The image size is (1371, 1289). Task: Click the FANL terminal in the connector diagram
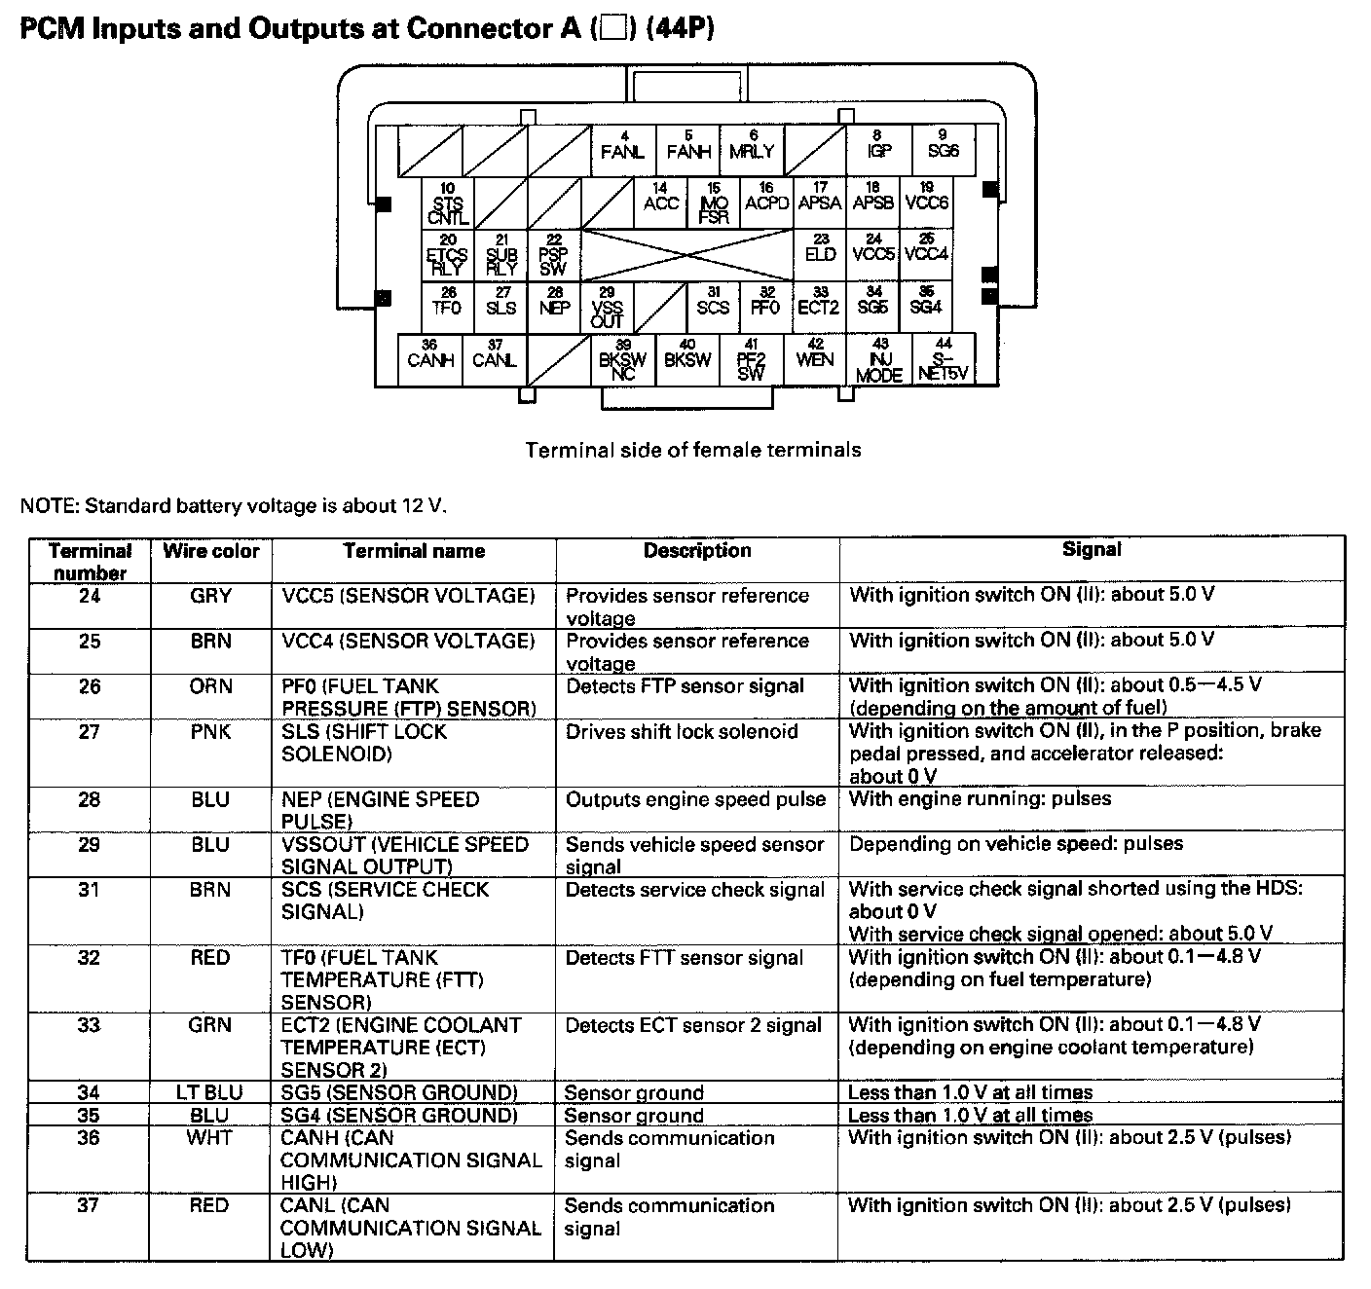pyautogui.click(x=623, y=148)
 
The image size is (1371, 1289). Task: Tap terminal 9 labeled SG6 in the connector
pyautogui.click(x=943, y=148)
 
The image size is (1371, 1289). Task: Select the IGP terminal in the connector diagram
pyautogui.click(x=878, y=148)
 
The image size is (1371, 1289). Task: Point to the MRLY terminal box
pyautogui.click(x=752, y=148)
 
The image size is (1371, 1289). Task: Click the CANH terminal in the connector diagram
pyautogui.click(x=430, y=357)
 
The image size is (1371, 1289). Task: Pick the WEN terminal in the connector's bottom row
pyautogui.click(x=814, y=357)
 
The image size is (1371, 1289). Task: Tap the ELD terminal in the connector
pyautogui.click(x=820, y=252)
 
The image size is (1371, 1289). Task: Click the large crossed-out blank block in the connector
pyautogui.click(x=687, y=256)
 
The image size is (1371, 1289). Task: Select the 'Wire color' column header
pyautogui.click(x=211, y=552)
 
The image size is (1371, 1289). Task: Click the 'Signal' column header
pyautogui.click(x=1091, y=550)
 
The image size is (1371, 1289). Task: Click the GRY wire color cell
pyautogui.click(x=211, y=596)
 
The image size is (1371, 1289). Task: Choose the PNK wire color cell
pyautogui.click(x=211, y=732)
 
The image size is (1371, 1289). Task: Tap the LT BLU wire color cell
pyautogui.click(x=209, y=1092)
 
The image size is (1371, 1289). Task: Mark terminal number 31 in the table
pyautogui.click(x=89, y=890)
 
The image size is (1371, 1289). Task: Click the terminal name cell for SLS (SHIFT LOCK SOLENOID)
pyautogui.click(x=365, y=743)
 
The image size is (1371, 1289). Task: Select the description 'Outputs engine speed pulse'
pyautogui.click(x=695, y=800)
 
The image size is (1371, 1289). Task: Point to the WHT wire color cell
pyautogui.click(x=209, y=1138)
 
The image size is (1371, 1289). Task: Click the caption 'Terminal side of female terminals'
pyautogui.click(x=693, y=450)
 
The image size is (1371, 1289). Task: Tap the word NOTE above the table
pyautogui.click(x=48, y=506)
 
